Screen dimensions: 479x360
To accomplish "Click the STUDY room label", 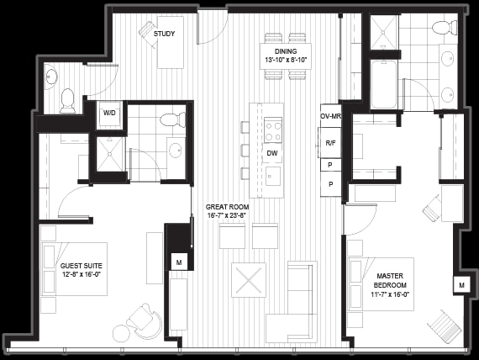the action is pyautogui.click(x=164, y=34).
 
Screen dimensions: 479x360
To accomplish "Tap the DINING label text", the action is pyautogui.click(x=286, y=51).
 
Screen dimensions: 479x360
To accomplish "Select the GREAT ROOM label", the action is pyautogui.click(x=227, y=207).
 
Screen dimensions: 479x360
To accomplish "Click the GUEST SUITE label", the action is pyautogui.click(x=82, y=266).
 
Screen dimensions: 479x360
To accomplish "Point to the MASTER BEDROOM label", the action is pyautogui.click(x=390, y=280).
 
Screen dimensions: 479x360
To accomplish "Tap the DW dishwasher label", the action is pyautogui.click(x=272, y=153).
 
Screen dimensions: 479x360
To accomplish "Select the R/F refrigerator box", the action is pyautogui.click(x=330, y=143).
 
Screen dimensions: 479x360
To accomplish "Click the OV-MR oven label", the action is pyautogui.click(x=330, y=116).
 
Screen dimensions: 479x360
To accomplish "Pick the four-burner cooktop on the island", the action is pyautogui.click(x=273, y=130).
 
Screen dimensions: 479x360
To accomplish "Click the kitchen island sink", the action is pyautogui.click(x=273, y=176).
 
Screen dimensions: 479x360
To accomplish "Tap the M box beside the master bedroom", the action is pyautogui.click(x=461, y=285).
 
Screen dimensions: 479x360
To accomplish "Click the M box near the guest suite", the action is pyautogui.click(x=179, y=262).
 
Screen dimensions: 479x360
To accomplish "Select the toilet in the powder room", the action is pyautogui.click(x=67, y=101).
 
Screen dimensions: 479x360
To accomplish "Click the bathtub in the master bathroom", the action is pyautogui.click(x=384, y=84).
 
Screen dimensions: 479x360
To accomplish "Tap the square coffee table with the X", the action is pyautogui.click(x=249, y=280).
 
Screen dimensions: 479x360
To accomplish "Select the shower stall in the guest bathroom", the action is pyautogui.click(x=110, y=154).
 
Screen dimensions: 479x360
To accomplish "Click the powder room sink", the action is pyautogui.click(x=51, y=77).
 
